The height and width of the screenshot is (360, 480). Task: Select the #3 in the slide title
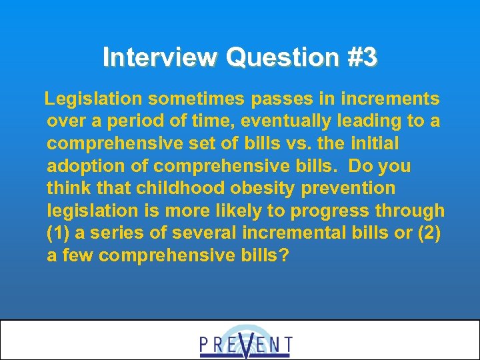[362, 58]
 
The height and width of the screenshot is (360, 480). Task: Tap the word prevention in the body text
[349, 189]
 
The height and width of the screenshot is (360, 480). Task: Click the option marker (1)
[59, 233]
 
